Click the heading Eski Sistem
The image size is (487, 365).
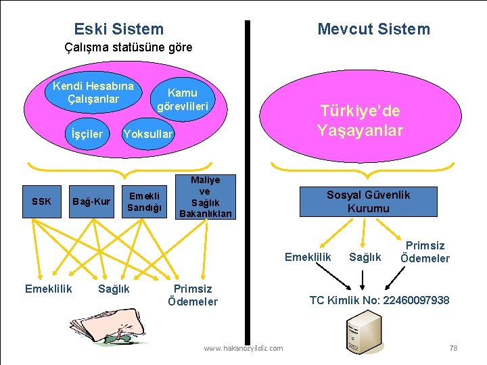[x=118, y=29]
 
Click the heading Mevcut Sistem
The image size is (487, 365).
[x=373, y=29]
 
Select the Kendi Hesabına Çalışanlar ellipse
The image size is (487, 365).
[x=93, y=93]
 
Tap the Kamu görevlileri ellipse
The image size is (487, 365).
[x=182, y=99]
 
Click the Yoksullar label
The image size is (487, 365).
[x=147, y=135]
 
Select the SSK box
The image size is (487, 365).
[x=42, y=201]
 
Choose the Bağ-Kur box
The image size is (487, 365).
[x=91, y=201]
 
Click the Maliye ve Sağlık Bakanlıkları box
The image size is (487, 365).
[x=205, y=197]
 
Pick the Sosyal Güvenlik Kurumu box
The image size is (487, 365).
[x=368, y=201]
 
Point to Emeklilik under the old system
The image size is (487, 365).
[x=48, y=289]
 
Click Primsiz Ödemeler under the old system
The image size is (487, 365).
[x=193, y=295]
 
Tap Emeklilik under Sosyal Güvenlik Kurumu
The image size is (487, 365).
[x=308, y=257]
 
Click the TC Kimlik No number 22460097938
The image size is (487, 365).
[x=416, y=300]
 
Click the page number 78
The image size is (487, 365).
[x=453, y=347]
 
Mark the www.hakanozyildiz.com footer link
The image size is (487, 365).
[x=243, y=348]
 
